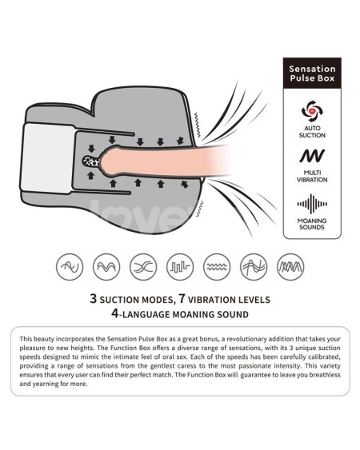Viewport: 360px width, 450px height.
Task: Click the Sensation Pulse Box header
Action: pyautogui.click(x=312, y=74)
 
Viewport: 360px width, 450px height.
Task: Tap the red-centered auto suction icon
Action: pyautogui.click(x=312, y=110)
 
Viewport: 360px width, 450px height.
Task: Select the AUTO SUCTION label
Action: pyautogui.click(x=312, y=132)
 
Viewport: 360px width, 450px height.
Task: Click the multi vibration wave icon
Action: pyautogui.click(x=312, y=156)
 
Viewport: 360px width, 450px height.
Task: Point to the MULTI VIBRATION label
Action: pyautogui.click(x=312, y=176)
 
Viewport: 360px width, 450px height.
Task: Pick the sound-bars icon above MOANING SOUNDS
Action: pyautogui.click(x=312, y=204)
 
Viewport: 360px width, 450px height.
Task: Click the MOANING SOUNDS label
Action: pyautogui.click(x=312, y=224)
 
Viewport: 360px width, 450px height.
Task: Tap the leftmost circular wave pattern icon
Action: pyautogui.click(x=70, y=267)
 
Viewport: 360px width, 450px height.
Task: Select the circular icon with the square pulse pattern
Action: pyautogui.click(x=180, y=267)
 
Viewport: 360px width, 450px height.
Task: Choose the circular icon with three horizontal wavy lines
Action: pyautogui.click(x=217, y=267)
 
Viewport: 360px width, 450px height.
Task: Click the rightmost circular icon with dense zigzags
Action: pyautogui.click(x=290, y=267)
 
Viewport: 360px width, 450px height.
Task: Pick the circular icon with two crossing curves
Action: pyautogui.click(x=143, y=267)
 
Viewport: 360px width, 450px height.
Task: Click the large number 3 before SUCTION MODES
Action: pyautogui.click(x=93, y=298)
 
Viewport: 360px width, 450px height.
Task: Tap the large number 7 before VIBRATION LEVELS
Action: pyautogui.click(x=182, y=298)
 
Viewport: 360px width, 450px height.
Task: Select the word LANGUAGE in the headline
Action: pyautogui.click(x=146, y=314)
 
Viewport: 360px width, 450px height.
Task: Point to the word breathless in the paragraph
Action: pyautogui.click(x=325, y=375)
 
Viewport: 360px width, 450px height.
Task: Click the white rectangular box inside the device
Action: pyautogui.click(x=48, y=158)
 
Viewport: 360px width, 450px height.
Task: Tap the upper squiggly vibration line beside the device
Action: pyautogui.click(x=197, y=125)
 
